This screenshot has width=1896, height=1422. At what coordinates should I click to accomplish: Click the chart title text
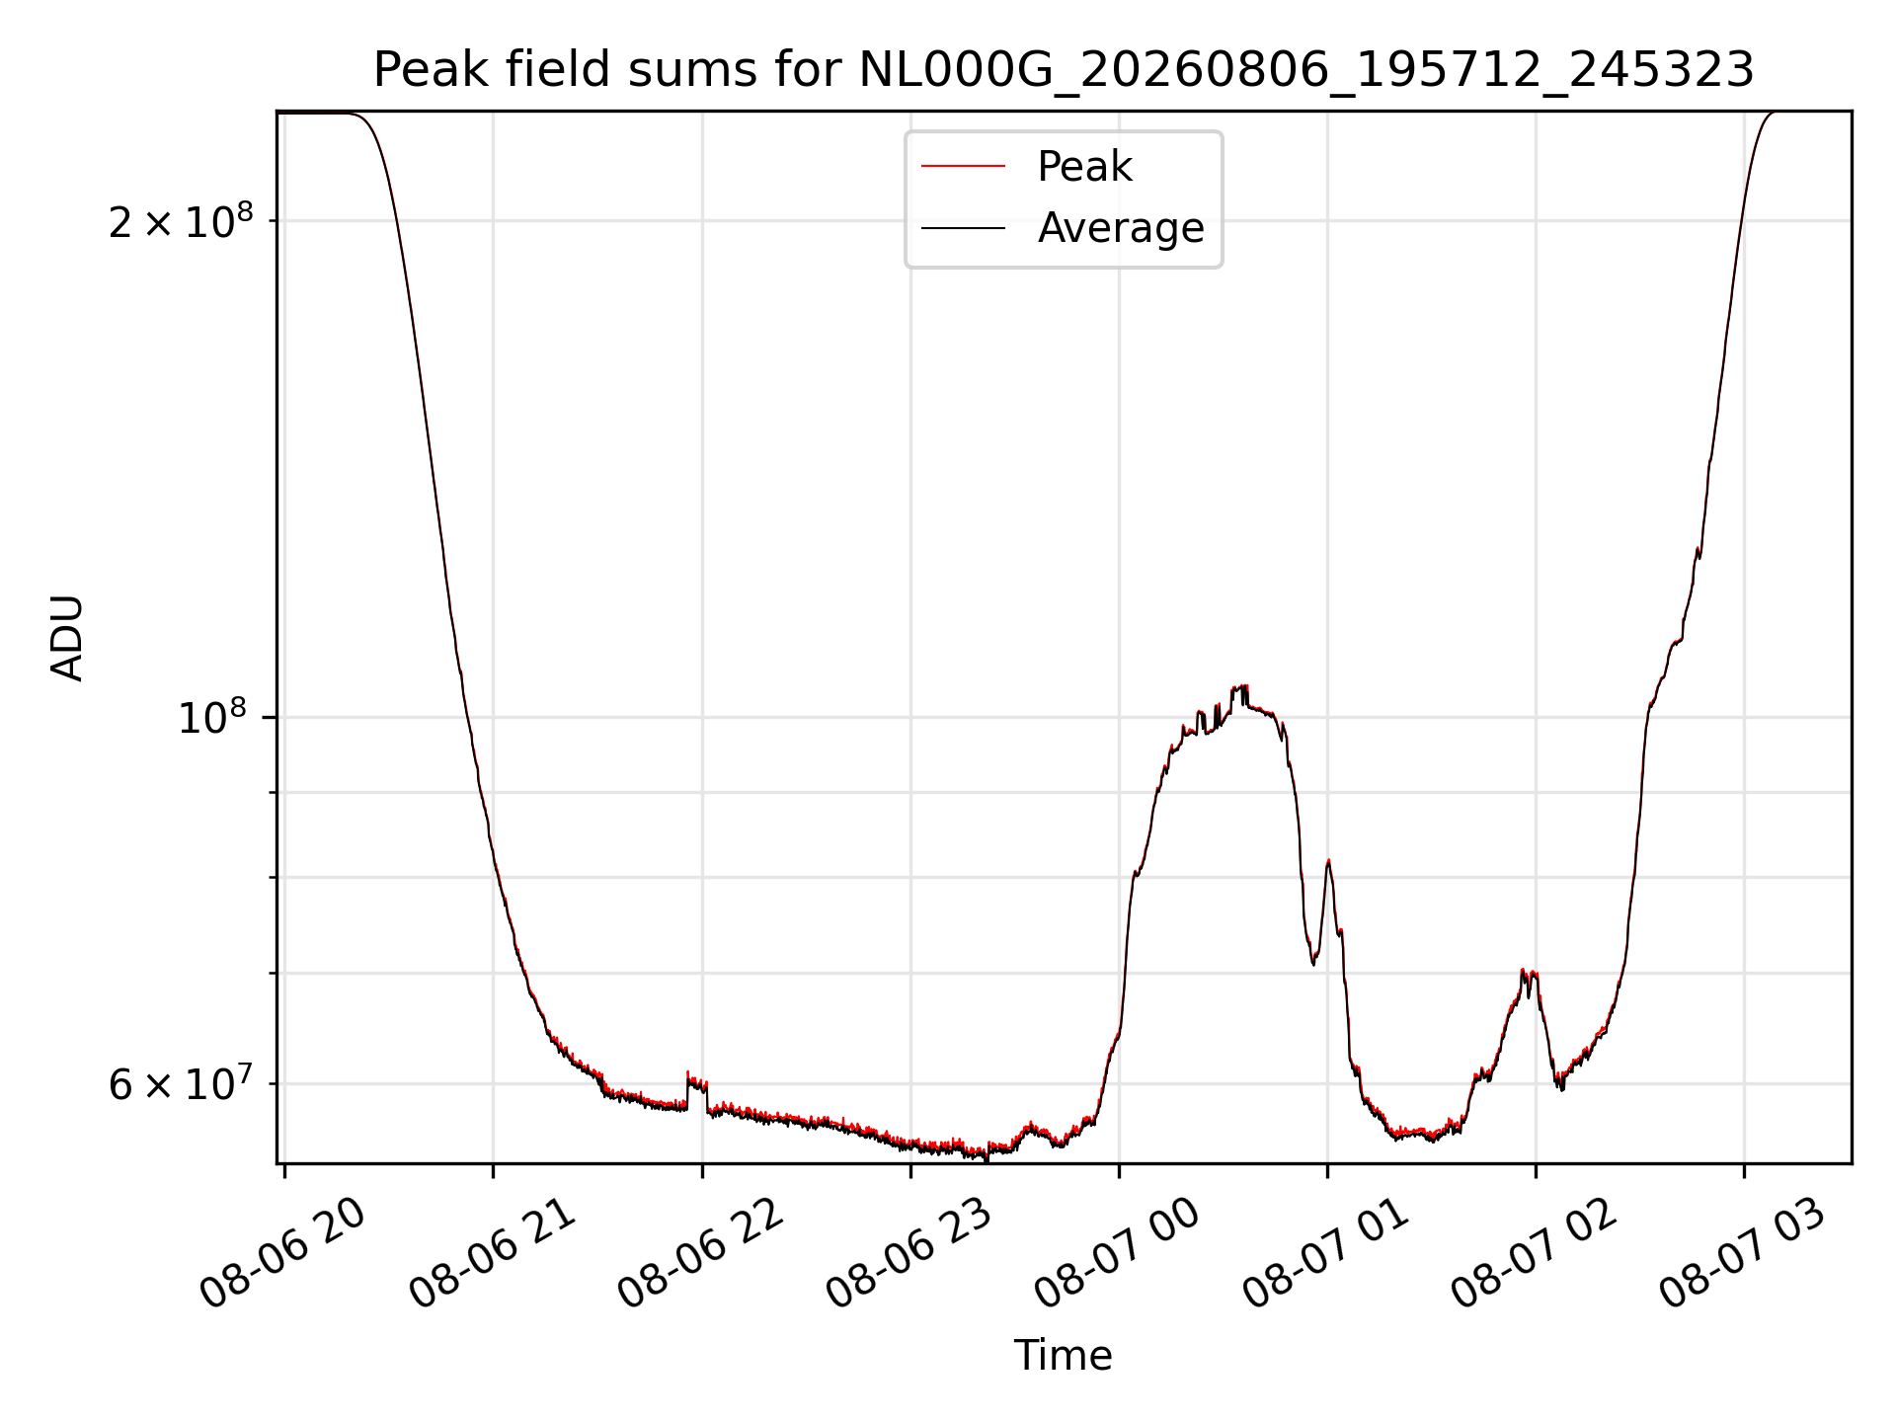pos(1064,70)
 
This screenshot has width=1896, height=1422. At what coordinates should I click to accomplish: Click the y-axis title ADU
pos(67,638)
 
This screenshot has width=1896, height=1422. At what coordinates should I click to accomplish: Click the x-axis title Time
pos(1063,1356)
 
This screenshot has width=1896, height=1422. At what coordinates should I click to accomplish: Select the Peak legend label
pos(1084,167)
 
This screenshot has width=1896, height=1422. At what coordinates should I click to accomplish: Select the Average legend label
pos(1121,228)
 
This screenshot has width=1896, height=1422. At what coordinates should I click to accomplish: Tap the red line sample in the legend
pos(963,167)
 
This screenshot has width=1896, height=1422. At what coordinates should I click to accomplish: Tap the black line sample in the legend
pos(963,228)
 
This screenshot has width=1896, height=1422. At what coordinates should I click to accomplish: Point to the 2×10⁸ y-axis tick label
pos(182,222)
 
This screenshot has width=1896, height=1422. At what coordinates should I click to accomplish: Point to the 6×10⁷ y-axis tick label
pos(182,1084)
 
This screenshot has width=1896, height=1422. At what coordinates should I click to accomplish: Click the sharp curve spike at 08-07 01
pos(1328,862)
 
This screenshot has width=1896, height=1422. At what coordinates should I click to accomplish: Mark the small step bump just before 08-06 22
pos(697,1084)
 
